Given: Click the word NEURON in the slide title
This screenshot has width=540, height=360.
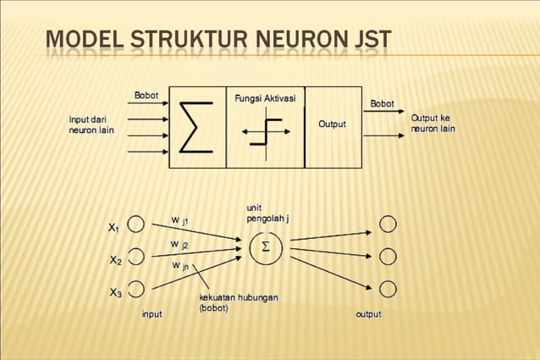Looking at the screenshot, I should (x=280, y=40).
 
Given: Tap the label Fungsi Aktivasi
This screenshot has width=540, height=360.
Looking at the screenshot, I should (x=265, y=99).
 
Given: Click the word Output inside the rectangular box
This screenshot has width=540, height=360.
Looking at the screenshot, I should (x=332, y=125).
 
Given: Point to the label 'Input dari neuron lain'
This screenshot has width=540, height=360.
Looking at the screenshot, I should (x=91, y=125).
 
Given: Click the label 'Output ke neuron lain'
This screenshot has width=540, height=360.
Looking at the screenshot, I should (x=433, y=124).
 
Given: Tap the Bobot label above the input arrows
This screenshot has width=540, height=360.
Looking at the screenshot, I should (x=146, y=94).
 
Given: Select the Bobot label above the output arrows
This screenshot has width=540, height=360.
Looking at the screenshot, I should (x=382, y=103).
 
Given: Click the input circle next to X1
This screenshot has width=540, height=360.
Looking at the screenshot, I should (x=136, y=224).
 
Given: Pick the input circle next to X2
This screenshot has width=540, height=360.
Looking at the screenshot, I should (x=136, y=257).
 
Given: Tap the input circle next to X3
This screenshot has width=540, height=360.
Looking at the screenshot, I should (x=136, y=289).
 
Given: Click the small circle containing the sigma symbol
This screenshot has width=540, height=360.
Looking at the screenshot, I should (x=266, y=246).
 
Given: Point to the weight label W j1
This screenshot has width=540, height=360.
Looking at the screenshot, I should (x=179, y=220).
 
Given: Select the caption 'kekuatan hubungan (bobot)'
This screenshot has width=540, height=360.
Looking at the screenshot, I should (x=238, y=303).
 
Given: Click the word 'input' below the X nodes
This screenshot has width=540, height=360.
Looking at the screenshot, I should (x=152, y=314).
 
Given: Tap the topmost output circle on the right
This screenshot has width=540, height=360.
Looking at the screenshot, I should (x=388, y=224).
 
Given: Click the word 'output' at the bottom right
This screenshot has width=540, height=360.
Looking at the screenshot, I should (x=368, y=314).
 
